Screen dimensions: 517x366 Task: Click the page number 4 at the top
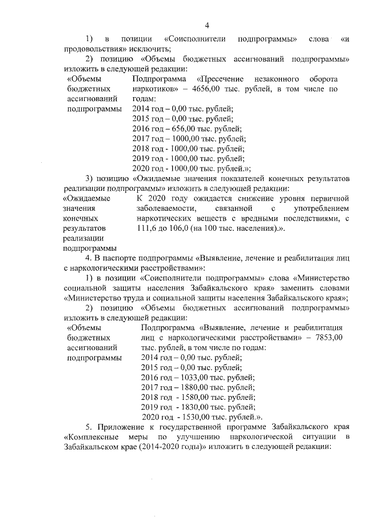click(208, 25)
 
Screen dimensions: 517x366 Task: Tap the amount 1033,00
click(194, 377)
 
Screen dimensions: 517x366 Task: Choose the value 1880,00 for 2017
click(194, 387)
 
